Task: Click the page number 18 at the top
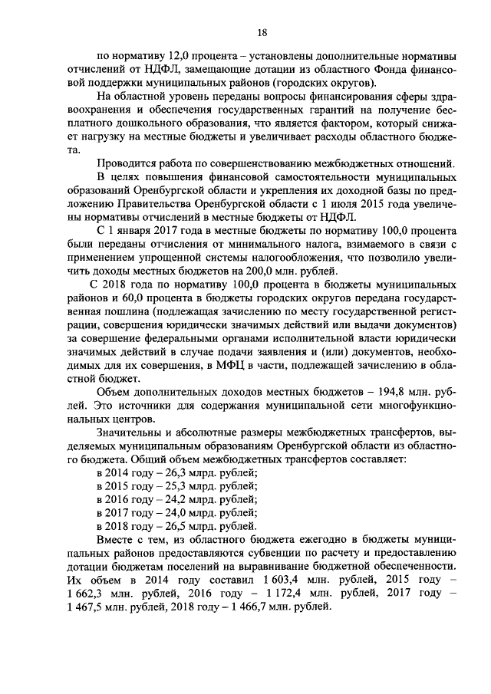262,31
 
